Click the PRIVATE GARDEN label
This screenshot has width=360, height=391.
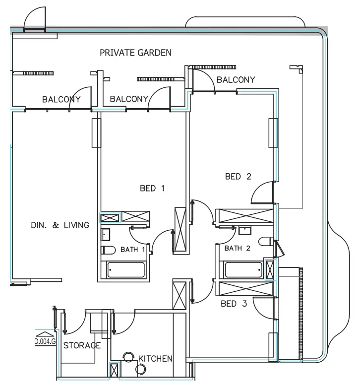tap(135, 52)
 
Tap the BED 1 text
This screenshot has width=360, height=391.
tap(152, 188)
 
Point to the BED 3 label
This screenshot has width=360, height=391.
tap(234, 304)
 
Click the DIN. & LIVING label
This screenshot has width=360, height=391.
tap(59, 225)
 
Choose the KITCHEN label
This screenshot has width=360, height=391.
tap(155, 358)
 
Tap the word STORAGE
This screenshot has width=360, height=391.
tap(82, 345)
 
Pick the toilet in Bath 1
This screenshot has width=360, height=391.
tap(108, 250)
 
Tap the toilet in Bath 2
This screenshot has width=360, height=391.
tap(266, 242)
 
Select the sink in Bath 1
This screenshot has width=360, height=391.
tap(106, 234)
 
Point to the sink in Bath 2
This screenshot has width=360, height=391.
tap(244, 230)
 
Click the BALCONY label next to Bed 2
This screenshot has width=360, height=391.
tap(236, 79)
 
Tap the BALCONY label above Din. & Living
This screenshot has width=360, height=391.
tap(61, 99)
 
